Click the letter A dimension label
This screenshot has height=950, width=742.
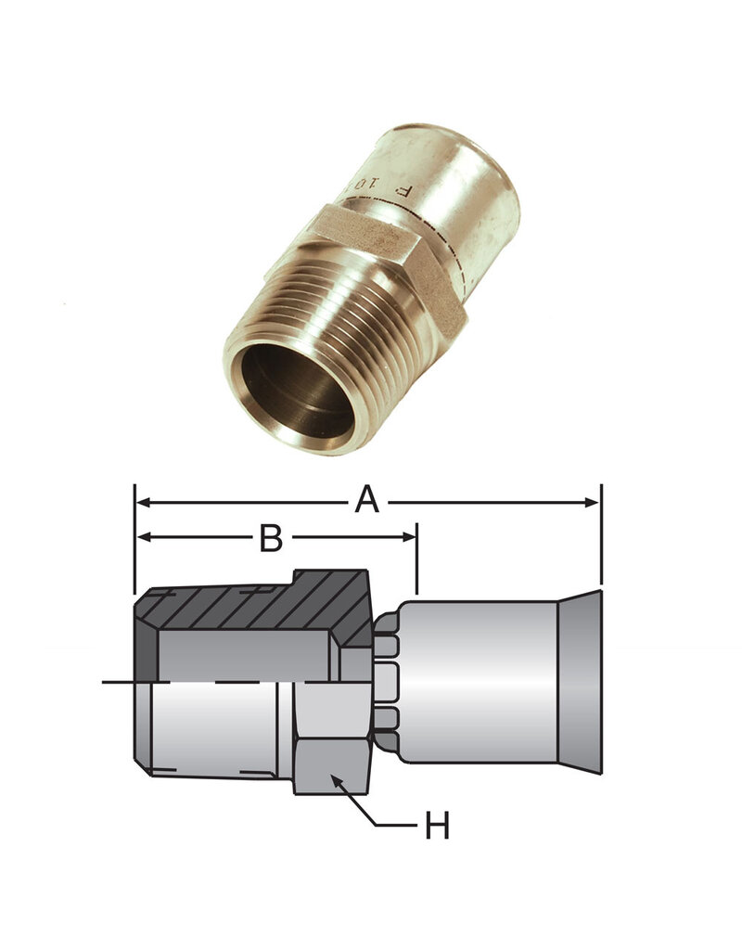tap(368, 501)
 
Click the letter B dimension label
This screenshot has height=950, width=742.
tap(270, 538)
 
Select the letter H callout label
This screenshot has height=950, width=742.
tap(437, 826)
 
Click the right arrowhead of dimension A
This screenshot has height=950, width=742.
tap(593, 502)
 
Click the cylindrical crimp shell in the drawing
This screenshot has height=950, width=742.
tap(478, 682)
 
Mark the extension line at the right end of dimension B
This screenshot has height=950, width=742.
tap(417, 566)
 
